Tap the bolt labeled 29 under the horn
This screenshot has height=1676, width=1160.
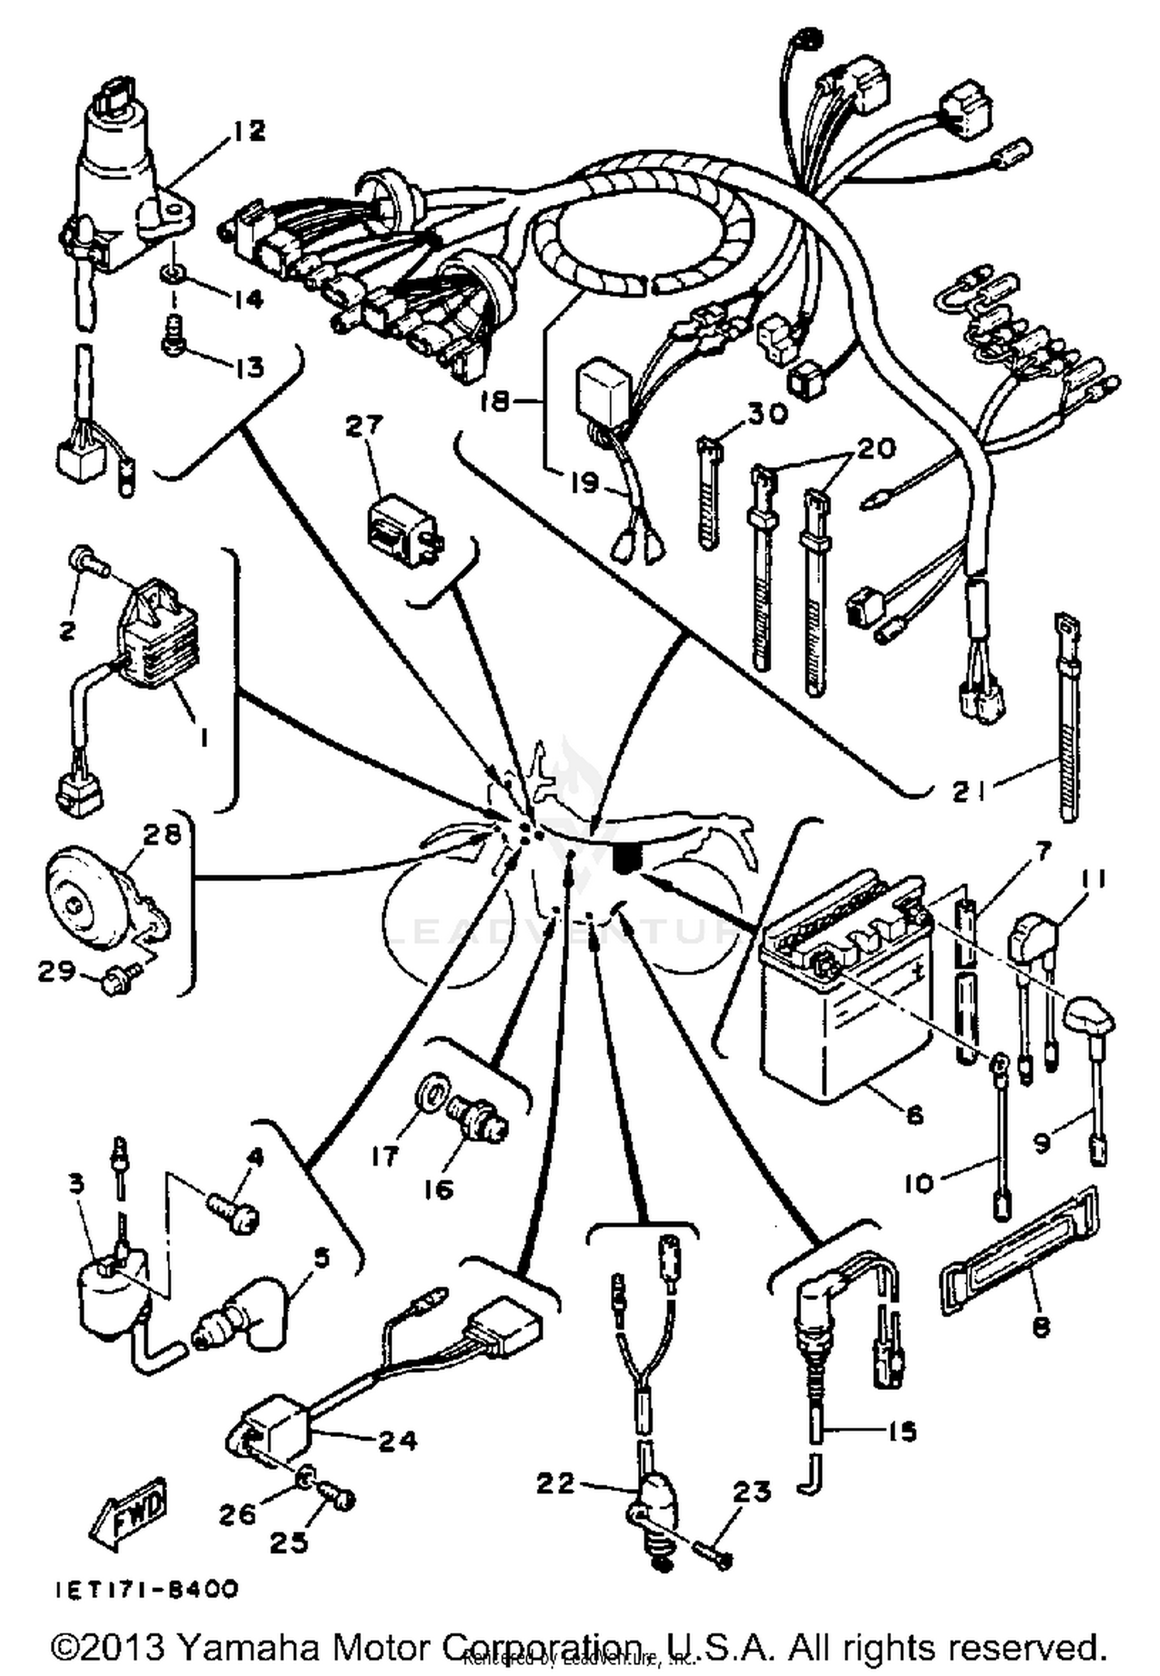pos(115,983)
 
